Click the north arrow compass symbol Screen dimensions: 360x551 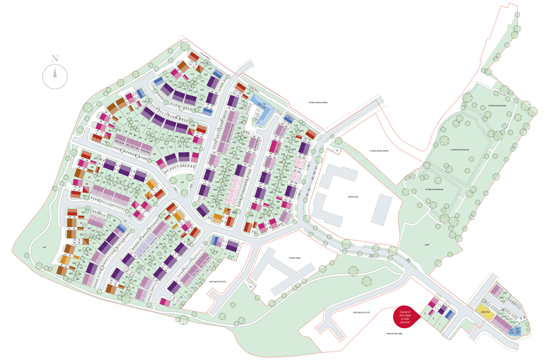pyautogui.click(x=55, y=75)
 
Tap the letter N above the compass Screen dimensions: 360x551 pyautogui.click(x=55, y=58)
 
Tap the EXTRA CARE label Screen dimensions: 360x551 pyautogui.click(x=294, y=258)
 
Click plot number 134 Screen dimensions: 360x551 pyautogui.click(x=248, y=94)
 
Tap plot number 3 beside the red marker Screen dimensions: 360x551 pyautogui.click(x=425, y=313)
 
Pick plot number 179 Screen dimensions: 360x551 pyautogui.click(x=295, y=125)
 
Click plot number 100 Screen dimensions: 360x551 pyautogui.click(x=162, y=148)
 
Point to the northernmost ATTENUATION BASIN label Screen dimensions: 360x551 pyautogui.click(x=496, y=106)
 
